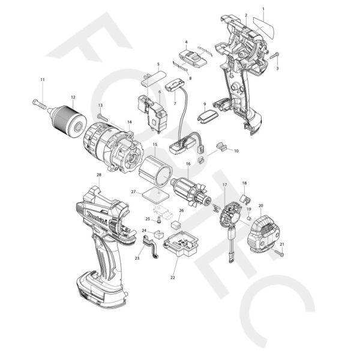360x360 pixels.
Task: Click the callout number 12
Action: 73,97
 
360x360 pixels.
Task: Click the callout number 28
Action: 98,175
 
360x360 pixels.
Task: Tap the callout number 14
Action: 129,122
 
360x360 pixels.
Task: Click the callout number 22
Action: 173,277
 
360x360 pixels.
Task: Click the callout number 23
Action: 137,258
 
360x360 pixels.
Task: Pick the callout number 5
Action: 158,64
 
